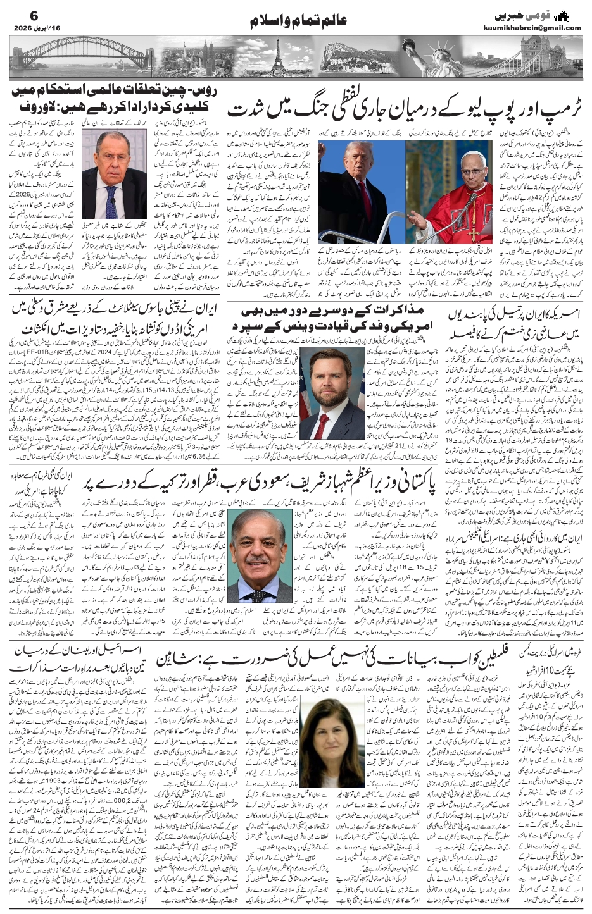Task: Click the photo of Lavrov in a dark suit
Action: [x=113, y=174]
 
